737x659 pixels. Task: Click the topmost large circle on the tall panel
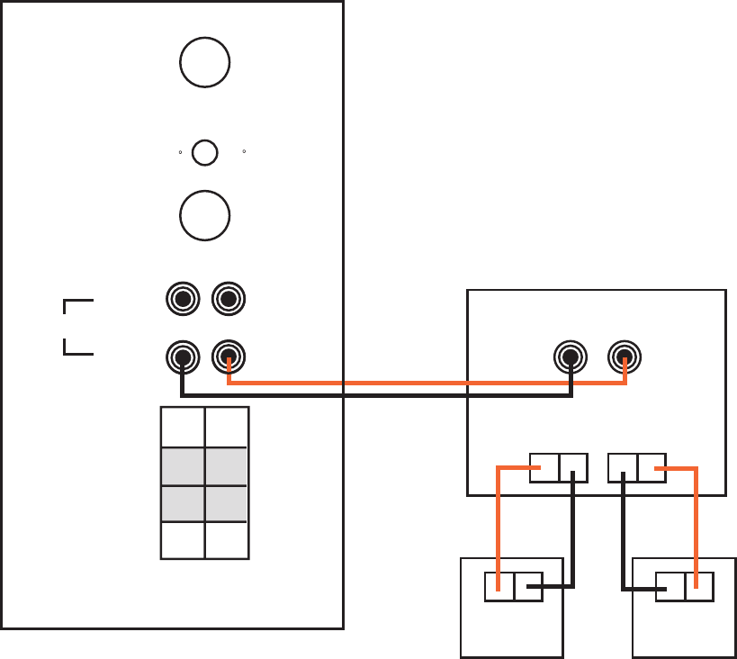pyautogui.click(x=204, y=62)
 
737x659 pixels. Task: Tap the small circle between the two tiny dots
pyautogui.click(x=205, y=152)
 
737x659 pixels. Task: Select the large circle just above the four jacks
pyautogui.click(x=204, y=215)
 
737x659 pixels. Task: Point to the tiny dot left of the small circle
pyautogui.click(x=180, y=152)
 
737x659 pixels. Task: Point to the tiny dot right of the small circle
pyautogui.click(x=245, y=151)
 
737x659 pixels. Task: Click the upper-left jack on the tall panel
pyautogui.click(x=183, y=298)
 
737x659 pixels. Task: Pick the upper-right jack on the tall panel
pyautogui.click(x=229, y=298)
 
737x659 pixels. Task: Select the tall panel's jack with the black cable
pyautogui.click(x=183, y=358)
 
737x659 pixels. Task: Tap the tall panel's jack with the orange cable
pyautogui.click(x=229, y=358)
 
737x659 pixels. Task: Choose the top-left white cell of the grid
pyautogui.click(x=183, y=428)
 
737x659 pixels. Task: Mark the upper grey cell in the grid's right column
pyautogui.click(x=226, y=466)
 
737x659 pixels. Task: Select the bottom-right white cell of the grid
pyautogui.click(x=226, y=540)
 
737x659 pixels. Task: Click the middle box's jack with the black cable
pyautogui.click(x=571, y=357)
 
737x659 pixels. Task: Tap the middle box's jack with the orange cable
pyautogui.click(x=625, y=357)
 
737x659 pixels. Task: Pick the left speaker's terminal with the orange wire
pyautogui.click(x=499, y=587)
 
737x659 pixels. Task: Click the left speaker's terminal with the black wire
pyautogui.click(x=528, y=587)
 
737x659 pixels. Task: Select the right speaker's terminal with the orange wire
pyautogui.click(x=699, y=587)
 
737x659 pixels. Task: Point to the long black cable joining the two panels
pyautogui.click(x=378, y=395)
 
